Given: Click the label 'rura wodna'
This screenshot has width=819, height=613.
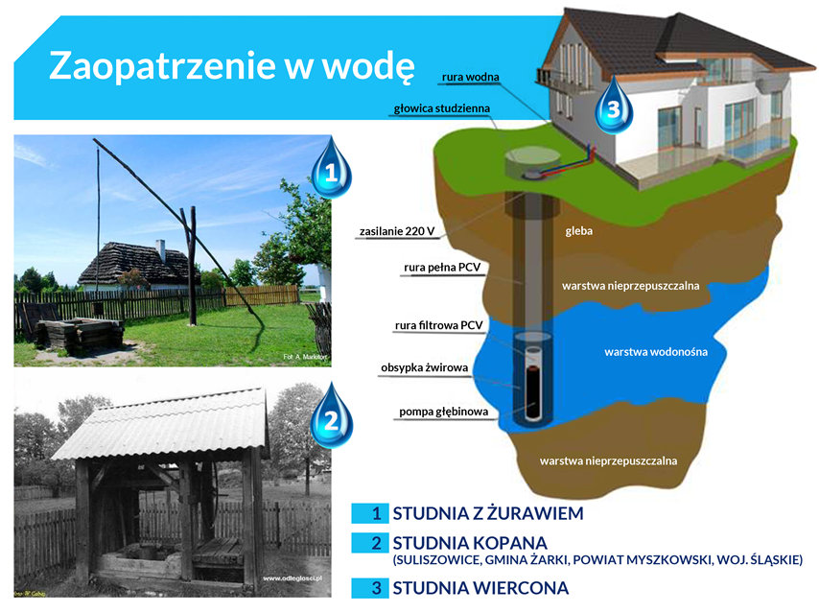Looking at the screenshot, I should [x=469, y=76].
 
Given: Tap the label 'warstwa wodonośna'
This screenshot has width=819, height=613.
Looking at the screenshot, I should [x=655, y=352].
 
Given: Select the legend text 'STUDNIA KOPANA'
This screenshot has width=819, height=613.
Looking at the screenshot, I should [x=469, y=542].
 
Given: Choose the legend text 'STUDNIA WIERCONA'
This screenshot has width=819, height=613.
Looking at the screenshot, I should [x=480, y=587].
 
